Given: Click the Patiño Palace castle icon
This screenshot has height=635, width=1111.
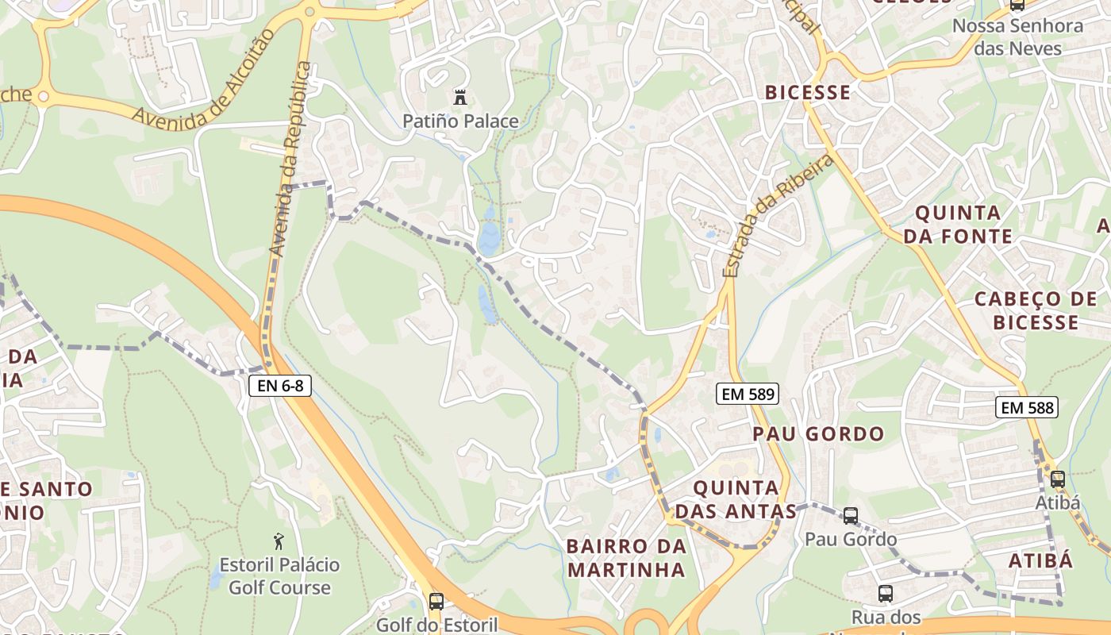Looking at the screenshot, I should tap(459, 98).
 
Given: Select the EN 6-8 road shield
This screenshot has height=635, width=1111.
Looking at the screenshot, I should tap(280, 387).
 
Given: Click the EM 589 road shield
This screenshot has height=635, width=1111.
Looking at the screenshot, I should tap(748, 393).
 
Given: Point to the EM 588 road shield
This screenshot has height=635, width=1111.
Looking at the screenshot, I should tap(1027, 408).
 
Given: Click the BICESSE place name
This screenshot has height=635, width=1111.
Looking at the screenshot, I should tap(808, 92).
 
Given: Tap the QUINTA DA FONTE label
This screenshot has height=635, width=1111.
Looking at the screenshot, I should tap(958, 224).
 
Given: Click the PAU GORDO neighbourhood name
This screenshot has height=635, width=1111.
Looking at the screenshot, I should tap(818, 434).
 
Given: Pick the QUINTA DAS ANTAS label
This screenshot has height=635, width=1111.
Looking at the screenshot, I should tap(736, 499).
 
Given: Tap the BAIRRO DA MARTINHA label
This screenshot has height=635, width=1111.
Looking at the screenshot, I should tap(626, 558).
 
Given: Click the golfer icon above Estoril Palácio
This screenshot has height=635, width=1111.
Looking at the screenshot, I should tap(278, 541).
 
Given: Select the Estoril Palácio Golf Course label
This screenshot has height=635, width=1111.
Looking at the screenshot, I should tap(279, 576).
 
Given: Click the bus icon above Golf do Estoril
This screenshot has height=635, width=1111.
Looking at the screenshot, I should tap(436, 601).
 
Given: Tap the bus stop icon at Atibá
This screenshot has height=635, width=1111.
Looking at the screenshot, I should tap(1057, 479).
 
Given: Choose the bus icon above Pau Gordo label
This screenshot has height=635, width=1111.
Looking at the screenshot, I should tap(851, 516).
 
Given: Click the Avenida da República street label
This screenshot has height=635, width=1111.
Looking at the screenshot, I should tap(290, 159).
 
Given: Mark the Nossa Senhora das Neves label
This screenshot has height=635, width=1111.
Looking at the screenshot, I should tap(1017, 37).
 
